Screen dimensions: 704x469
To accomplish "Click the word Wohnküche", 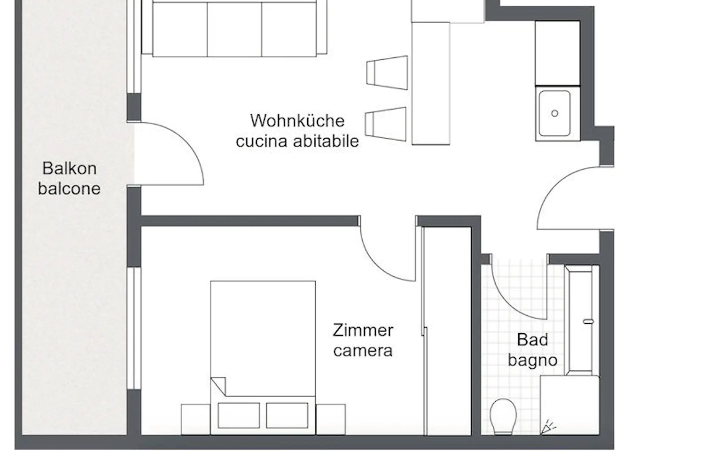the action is click(x=297, y=121).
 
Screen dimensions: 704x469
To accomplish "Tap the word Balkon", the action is click(x=69, y=168).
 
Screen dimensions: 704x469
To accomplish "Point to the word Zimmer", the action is click(x=363, y=331).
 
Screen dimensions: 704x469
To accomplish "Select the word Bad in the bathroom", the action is click(x=532, y=340).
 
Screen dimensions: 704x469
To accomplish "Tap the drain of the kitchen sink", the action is click(x=554, y=113).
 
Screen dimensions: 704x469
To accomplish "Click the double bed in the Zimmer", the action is click(x=263, y=357).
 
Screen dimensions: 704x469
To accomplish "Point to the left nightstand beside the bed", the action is click(x=196, y=419).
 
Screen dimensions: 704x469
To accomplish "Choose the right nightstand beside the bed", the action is click(x=330, y=419).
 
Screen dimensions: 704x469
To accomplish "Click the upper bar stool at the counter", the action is click(x=387, y=73).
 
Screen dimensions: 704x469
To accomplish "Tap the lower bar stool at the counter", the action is click(x=386, y=124).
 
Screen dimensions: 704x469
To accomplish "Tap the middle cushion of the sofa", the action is click(x=234, y=29).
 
